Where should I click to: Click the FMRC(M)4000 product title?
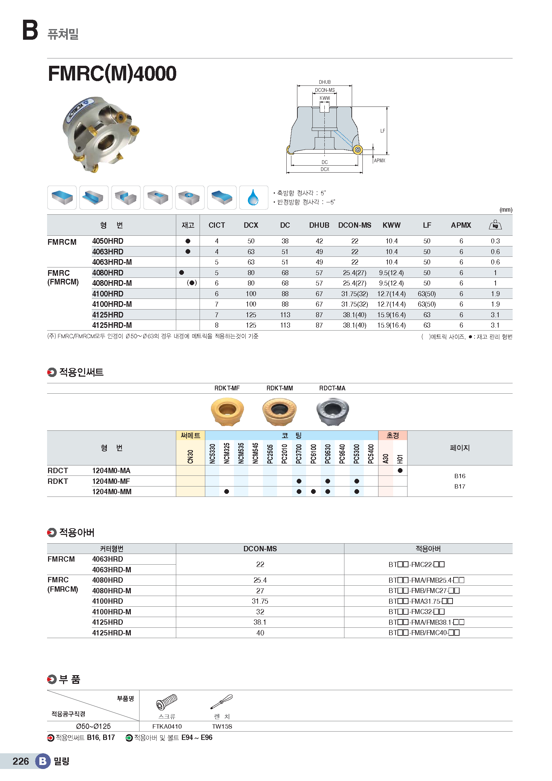coord(112,73)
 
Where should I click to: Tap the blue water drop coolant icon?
coord(253,198)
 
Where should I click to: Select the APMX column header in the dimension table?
coord(461,225)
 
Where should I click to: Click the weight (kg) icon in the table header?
coord(495,225)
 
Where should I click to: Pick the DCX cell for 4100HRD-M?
coord(251,304)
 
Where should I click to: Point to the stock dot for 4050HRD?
coord(188,241)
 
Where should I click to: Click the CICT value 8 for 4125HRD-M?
coord(217,325)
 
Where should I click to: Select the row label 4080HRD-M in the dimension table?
coord(112,283)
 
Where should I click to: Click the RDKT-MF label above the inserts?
coord(227,388)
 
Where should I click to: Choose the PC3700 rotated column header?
coord(299,453)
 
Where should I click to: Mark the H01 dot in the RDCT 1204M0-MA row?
coord(400,470)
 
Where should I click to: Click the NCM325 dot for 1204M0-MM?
coord(227,492)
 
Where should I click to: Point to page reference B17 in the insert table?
coord(460,486)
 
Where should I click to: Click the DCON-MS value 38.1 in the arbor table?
coord(260,622)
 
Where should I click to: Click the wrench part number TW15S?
coord(222,727)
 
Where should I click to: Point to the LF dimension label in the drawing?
coord(382,131)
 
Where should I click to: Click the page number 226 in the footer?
coord(21,761)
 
